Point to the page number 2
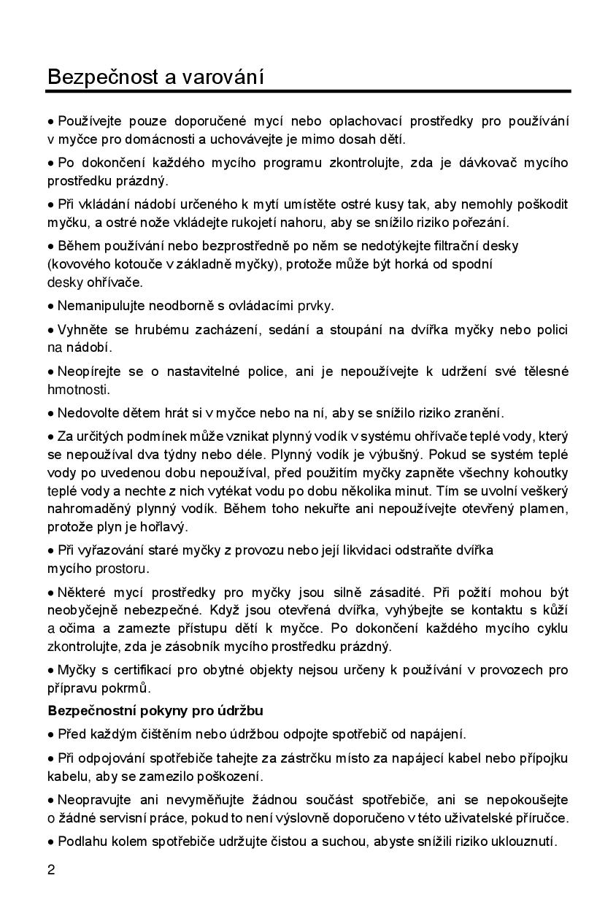[51, 870]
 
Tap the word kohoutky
[536, 474]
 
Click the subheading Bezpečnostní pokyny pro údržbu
[155, 710]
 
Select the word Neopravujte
[93, 801]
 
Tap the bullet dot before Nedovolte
[51, 413]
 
